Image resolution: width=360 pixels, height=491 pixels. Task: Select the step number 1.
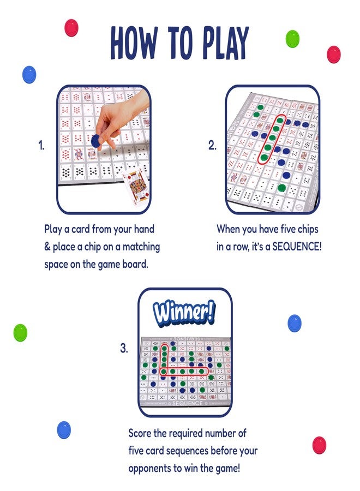pos(41,146)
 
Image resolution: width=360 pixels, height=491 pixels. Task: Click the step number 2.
pos(212,146)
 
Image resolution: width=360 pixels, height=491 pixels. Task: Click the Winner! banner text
pos(184,313)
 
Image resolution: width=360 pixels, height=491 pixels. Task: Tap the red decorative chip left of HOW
pos(71,27)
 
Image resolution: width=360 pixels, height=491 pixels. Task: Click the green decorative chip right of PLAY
pos(293,38)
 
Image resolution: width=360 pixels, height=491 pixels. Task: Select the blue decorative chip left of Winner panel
pos(64,430)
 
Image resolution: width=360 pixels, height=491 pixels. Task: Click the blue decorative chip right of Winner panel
pos(295,323)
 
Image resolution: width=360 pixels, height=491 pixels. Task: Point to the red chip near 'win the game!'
pos(319,445)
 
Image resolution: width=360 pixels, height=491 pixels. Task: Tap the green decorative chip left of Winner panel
pos(20,332)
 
